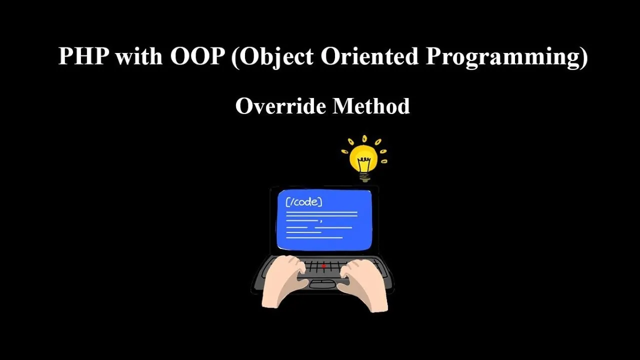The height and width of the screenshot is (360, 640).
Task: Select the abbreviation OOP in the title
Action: pyautogui.click(x=197, y=56)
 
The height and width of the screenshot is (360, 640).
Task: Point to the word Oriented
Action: pyautogui.click(x=369, y=56)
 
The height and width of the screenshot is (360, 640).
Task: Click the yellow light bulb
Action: pyautogui.click(x=364, y=159)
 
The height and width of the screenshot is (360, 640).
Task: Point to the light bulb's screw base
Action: pyautogui.click(x=364, y=175)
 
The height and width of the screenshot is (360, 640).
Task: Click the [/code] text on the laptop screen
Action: pyautogui.click(x=303, y=202)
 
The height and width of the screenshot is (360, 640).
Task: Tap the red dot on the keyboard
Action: pyautogui.click(x=323, y=266)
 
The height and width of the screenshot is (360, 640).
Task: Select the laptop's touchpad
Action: pyautogui.click(x=322, y=283)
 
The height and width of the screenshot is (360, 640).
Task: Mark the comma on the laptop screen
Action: pyautogui.click(x=321, y=220)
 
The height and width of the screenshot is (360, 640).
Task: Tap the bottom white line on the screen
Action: pyautogui.click(x=314, y=237)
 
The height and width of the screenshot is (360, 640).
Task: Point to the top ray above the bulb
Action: pyautogui.click(x=364, y=138)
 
